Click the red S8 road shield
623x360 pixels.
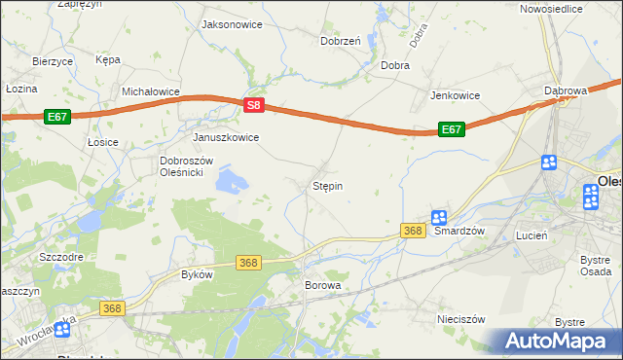coord(253,104)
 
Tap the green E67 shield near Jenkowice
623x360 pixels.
coord(450,128)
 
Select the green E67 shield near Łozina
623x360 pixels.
coord(56,116)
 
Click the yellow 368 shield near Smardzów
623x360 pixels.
coord(413,231)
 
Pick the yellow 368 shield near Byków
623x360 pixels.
coord(249,263)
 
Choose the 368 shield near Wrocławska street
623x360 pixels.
coord(112,307)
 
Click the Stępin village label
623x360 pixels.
coord(327,185)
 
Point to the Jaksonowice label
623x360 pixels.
coord(231,23)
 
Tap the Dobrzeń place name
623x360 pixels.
coord(341,41)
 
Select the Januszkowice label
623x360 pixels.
coord(226,137)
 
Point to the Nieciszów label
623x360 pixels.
coord(461,318)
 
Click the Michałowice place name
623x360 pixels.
coord(151,90)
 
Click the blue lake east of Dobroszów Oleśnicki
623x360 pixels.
coord(232,180)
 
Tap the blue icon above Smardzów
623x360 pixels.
coord(439,218)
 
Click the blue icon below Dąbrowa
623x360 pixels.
coord(548,162)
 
